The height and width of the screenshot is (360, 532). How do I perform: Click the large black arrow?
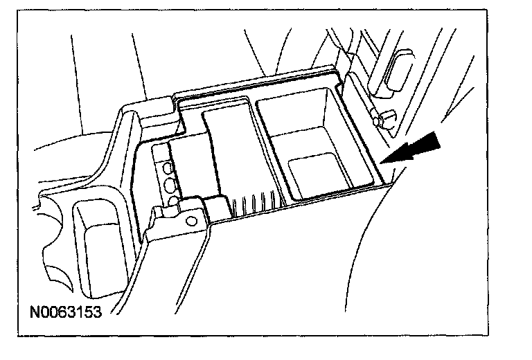click(x=419, y=147)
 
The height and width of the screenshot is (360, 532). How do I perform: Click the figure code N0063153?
click(x=66, y=312)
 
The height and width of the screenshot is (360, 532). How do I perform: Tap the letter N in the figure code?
click(x=34, y=312)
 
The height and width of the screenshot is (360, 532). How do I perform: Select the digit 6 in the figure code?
click(x=61, y=312)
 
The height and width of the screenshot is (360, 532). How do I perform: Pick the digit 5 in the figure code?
click(x=88, y=312)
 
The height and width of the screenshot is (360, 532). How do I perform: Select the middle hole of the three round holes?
click(x=168, y=184)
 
